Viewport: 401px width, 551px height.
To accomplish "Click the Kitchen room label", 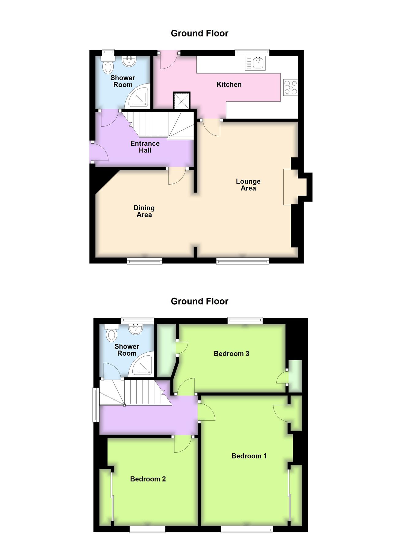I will click(229, 84).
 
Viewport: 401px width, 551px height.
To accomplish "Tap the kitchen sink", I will click(255, 63).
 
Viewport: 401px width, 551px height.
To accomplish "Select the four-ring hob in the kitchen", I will click(290, 87).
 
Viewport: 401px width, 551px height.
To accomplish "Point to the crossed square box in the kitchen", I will click(182, 101).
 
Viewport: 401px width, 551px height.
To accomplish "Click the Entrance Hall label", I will click(145, 147).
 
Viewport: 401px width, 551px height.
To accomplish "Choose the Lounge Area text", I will click(248, 185).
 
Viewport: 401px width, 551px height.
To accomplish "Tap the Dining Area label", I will click(144, 211).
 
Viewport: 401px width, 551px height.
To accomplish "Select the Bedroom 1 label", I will click(249, 456).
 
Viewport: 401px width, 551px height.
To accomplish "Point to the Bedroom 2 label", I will click(148, 479).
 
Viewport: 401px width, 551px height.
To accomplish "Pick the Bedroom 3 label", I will click(231, 354).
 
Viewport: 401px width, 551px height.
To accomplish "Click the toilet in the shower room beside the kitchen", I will click(108, 66).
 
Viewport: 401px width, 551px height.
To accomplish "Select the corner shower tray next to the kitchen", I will click(139, 96).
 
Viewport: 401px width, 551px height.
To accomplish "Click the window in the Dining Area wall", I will click(145, 261).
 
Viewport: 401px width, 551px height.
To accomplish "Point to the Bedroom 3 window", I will click(245, 321).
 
